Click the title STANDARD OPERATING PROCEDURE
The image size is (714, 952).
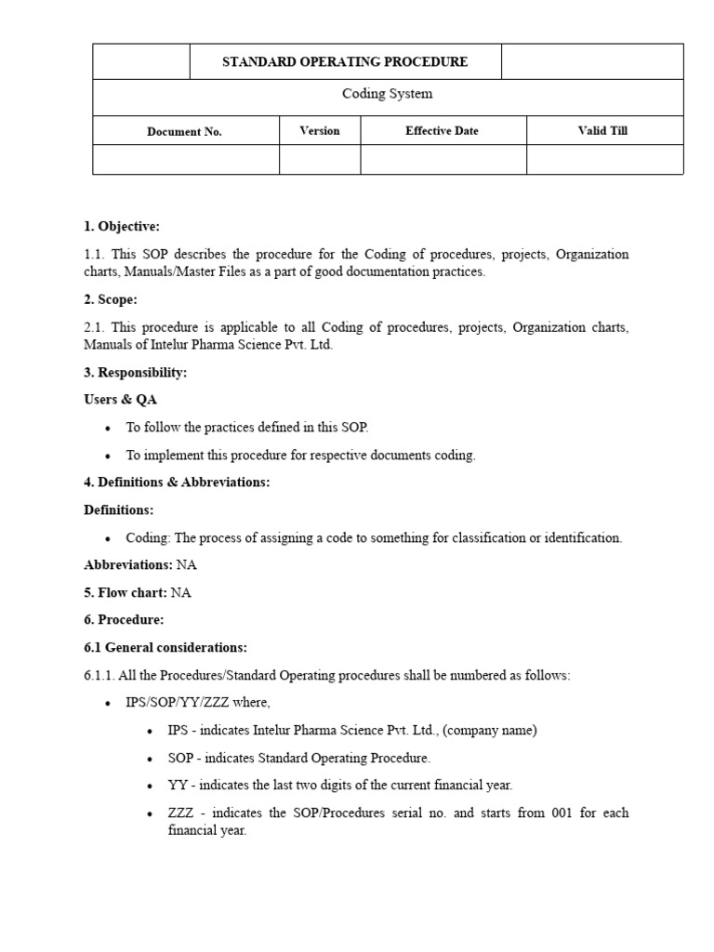[x=345, y=62]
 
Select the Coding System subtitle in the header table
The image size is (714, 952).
[x=387, y=94]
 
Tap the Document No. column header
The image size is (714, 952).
[x=185, y=131]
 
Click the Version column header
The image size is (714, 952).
[x=319, y=131]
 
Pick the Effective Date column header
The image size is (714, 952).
[x=442, y=131]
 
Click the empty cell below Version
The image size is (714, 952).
[x=319, y=160]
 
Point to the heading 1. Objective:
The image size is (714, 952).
[x=122, y=227]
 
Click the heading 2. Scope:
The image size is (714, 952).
[x=111, y=300]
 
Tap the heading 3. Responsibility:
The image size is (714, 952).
[x=136, y=373]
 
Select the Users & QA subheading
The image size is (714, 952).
[x=121, y=400]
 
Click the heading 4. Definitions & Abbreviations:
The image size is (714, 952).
[x=177, y=483]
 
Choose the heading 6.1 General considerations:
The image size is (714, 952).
[x=165, y=647]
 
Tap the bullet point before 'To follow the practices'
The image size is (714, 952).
[x=109, y=429]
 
